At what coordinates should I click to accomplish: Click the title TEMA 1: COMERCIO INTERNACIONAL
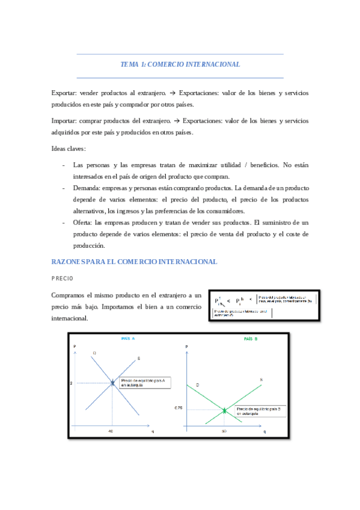coord(180,64)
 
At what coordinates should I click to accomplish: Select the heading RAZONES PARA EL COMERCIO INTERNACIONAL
coord(134,262)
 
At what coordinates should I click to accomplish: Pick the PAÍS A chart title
coord(127,339)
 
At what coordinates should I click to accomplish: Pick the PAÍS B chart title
coord(251,339)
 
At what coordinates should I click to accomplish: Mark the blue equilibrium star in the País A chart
coord(112,382)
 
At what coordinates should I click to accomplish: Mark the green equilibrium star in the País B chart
coord(224,411)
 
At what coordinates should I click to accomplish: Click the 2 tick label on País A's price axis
coord(71,383)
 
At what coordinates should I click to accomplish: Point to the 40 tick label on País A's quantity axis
coord(111,431)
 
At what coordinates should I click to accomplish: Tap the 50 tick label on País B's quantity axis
coord(224,431)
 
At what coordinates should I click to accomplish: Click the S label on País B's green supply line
coord(261,379)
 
